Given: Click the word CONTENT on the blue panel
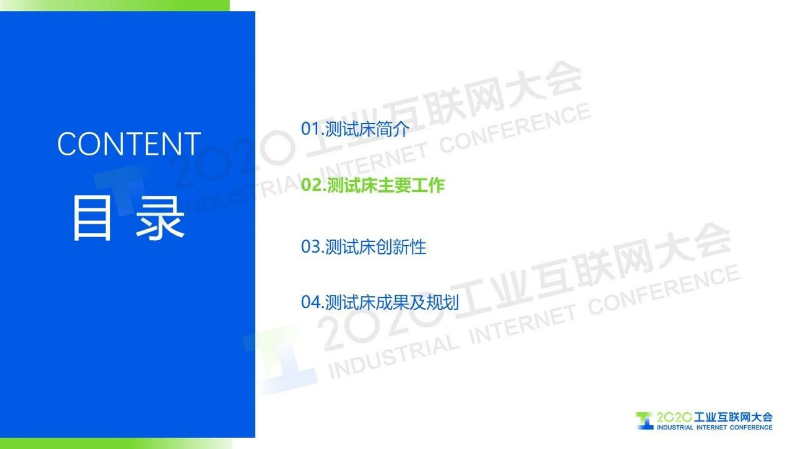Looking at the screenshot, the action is tap(129, 144).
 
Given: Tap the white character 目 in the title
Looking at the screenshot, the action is tap(92, 218).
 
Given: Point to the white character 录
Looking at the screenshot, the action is tap(160, 218).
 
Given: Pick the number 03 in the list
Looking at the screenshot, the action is tap(310, 247).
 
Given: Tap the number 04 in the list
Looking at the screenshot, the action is tap(310, 303).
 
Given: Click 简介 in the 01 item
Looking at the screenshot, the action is tap(392, 129).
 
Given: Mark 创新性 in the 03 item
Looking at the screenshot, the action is tap(401, 247).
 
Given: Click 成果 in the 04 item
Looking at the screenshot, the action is tap(392, 303).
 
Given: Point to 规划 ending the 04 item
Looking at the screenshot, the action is tap(443, 303).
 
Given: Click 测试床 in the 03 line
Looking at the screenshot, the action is tap(350, 247).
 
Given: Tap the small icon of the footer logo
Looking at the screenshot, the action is tap(645, 421).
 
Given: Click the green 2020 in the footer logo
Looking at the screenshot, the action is tap(674, 417).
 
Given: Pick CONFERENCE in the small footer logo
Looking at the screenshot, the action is tap(751, 427).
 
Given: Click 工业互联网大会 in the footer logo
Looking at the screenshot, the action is tap(733, 417).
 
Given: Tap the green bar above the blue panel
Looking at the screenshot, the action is tap(115, 6).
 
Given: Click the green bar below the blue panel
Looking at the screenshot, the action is tap(116, 443).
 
